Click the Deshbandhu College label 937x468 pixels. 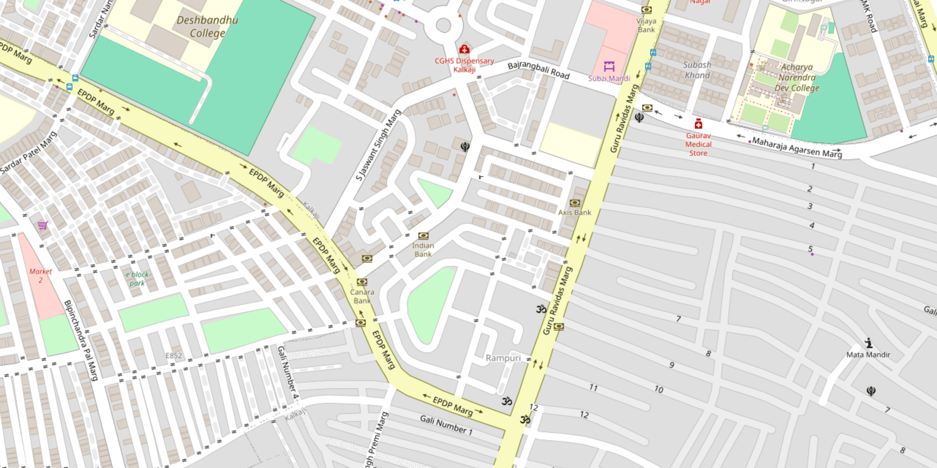[207, 27]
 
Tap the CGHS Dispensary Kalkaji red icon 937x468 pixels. [464, 49]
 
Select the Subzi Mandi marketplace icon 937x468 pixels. [609, 66]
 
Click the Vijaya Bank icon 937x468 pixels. [646, 10]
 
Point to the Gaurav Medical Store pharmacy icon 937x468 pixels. [698, 124]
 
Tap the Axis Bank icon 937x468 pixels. [575, 203]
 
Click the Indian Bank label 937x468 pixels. [423, 250]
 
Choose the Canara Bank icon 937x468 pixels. [362, 282]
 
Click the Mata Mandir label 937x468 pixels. [868, 354]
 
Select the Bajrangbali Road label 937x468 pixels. [538, 70]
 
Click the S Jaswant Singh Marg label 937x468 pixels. [378, 145]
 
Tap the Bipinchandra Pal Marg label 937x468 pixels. [81, 340]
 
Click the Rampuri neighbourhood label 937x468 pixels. [503, 358]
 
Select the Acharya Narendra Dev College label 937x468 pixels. [797, 78]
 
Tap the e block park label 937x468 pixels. [137, 279]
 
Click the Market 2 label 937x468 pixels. [41, 276]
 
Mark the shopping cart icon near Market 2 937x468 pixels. [43, 225]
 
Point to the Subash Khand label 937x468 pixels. [697, 70]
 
